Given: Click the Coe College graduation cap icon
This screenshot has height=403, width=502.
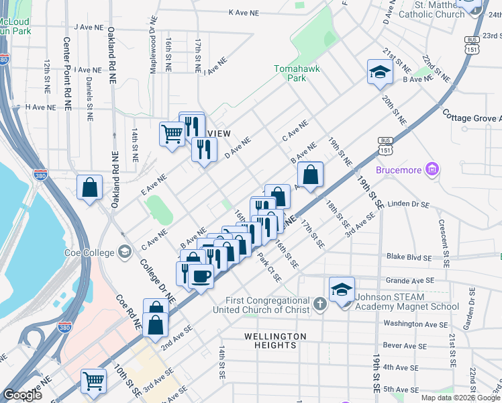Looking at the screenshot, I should pyautogui.click(x=123, y=252).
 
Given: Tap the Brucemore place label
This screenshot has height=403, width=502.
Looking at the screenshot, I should pyautogui.click(x=399, y=170).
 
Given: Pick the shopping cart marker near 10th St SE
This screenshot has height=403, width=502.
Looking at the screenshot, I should pyautogui.click(x=93, y=380).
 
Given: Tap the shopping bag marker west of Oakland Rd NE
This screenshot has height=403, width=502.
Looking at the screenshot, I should pyautogui.click(x=89, y=188).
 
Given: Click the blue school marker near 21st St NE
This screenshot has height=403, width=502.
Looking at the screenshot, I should pyautogui.click(x=380, y=73).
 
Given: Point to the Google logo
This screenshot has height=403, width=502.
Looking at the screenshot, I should pyautogui.click(x=22, y=395).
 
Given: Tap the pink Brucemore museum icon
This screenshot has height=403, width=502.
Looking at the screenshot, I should pyautogui.click(x=433, y=169).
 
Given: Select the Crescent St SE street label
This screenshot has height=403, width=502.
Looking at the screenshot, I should pyautogui.click(x=442, y=235).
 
